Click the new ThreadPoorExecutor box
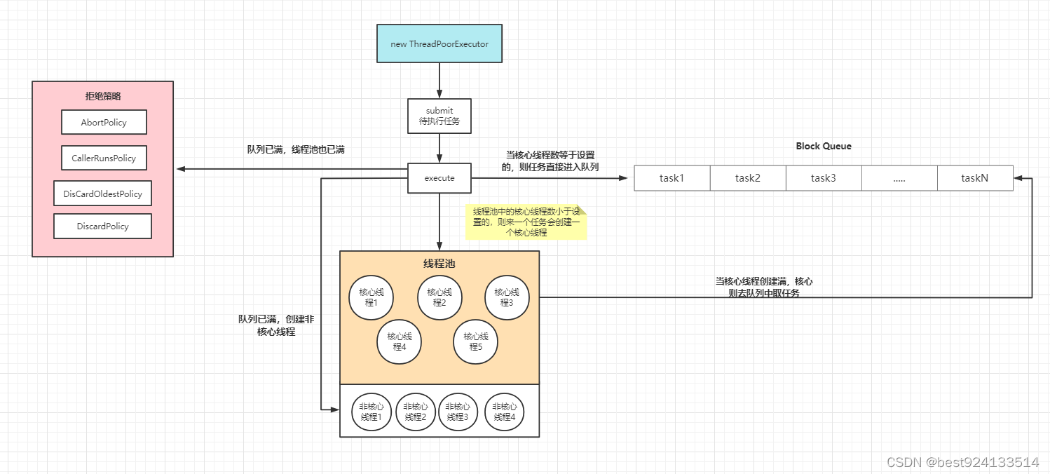tap(439, 43)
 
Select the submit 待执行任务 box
tap(439, 116)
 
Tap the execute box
tap(439, 178)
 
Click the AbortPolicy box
tap(104, 122)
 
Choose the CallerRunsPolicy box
tap(104, 158)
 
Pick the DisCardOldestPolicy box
tap(102, 194)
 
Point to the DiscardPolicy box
tap(102, 226)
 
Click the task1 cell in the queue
tap(671, 178)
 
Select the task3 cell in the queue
tap(823, 178)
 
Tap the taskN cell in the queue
tap(974, 178)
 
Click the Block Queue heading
tap(824, 146)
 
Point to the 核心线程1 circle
tap(371, 297)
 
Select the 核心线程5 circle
tap(475, 341)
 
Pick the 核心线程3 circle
tap(507, 297)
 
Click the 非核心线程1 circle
tap(371, 412)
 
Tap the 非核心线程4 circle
tap(505, 412)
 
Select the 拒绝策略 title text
tap(102, 96)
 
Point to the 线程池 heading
tap(439, 264)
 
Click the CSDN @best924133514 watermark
tap(962, 462)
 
